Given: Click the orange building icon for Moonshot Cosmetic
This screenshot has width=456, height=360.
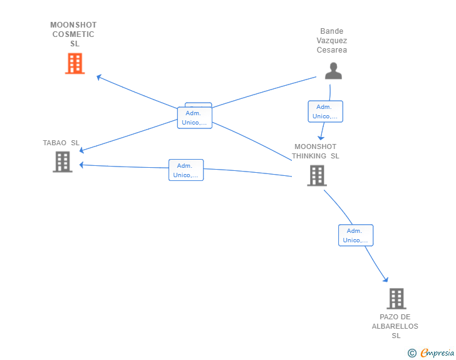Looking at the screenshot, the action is click(x=75, y=63).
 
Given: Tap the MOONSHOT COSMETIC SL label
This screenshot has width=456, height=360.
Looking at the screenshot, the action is click(x=73, y=34).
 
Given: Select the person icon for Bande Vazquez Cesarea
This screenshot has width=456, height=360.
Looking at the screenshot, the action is click(x=333, y=71).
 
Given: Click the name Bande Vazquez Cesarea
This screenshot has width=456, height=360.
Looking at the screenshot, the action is click(x=332, y=41).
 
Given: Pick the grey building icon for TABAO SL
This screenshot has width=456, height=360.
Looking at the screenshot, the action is click(x=63, y=162).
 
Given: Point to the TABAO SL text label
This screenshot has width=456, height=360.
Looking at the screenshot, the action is click(x=61, y=143).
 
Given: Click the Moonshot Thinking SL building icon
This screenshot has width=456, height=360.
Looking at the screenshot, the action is click(x=317, y=175).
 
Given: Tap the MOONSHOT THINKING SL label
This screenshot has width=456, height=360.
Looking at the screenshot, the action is click(x=316, y=152).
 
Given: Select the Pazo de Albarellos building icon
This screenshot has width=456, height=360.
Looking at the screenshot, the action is click(x=396, y=299).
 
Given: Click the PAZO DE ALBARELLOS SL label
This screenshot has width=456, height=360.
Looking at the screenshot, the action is click(x=395, y=326).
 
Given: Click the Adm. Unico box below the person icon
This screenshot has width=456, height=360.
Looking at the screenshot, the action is click(x=326, y=111).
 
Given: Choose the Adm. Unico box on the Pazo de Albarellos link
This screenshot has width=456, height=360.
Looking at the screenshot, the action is click(x=356, y=235).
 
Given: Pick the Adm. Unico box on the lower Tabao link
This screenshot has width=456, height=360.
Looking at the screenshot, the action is click(x=186, y=170).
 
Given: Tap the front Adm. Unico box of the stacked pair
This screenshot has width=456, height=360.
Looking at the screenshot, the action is click(x=195, y=118).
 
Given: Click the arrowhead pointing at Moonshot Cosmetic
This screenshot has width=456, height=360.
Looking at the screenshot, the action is click(x=99, y=77).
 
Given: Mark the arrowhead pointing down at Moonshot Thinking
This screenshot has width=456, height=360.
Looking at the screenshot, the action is click(x=321, y=138).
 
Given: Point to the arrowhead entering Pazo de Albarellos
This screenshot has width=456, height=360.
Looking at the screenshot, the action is click(x=386, y=280).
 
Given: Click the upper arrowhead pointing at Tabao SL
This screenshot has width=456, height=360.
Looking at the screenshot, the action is click(x=81, y=150).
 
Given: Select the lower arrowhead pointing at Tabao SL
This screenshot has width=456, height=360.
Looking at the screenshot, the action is click(x=81, y=165).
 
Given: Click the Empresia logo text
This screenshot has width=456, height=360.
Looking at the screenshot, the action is click(x=437, y=353).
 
